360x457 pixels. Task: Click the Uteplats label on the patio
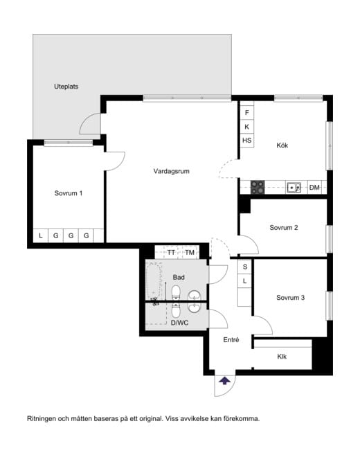(x=66, y=87)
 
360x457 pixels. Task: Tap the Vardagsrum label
(x=172, y=170)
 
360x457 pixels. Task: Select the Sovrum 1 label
(x=69, y=193)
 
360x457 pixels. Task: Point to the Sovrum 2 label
(x=284, y=228)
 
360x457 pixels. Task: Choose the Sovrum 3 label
(x=290, y=298)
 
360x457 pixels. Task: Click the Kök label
(x=282, y=145)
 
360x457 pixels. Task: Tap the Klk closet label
(x=282, y=357)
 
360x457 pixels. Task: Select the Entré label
(x=231, y=340)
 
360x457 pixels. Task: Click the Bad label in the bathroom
(x=179, y=277)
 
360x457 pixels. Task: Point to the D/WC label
(x=179, y=323)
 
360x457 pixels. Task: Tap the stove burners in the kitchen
(x=258, y=186)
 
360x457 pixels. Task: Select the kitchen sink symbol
(x=294, y=186)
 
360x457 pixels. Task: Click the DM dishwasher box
(x=314, y=187)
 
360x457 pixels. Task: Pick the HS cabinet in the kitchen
(x=246, y=141)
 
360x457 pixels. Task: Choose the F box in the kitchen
(x=246, y=112)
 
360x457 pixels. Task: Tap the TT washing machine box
(x=171, y=253)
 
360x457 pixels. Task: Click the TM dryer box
(x=190, y=253)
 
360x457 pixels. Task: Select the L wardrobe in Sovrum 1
(x=41, y=236)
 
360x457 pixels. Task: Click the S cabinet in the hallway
(x=244, y=267)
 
